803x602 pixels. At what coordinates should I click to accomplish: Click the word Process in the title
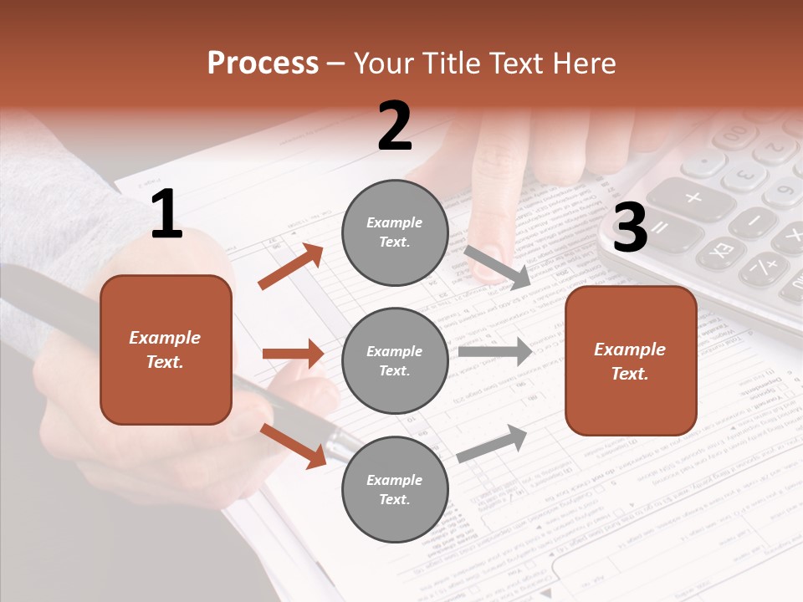(x=263, y=64)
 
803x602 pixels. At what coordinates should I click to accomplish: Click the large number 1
(x=166, y=214)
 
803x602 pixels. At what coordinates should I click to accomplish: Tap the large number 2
(x=395, y=126)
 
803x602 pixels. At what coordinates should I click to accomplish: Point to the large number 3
(x=630, y=228)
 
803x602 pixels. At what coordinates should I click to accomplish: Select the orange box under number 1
(x=166, y=349)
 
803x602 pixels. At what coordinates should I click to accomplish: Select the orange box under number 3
(x=631, y=361)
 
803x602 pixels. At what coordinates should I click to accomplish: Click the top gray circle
(x=395, y=232)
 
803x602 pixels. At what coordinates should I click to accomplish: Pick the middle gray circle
(x=395, y=361)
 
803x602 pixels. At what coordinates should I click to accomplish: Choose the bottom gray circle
(x=395, y=490)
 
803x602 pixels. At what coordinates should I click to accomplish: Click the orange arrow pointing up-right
(x=291, y=266)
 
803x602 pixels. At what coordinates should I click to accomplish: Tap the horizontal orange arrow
(x=293, y=354)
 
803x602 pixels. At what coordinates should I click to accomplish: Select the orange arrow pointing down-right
(x=293, y=445)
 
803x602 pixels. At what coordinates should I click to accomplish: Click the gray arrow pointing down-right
(x=498, y=268)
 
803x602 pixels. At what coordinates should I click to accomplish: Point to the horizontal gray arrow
(x=494, y=352)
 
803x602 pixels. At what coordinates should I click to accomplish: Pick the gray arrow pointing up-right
(x=492, y=443)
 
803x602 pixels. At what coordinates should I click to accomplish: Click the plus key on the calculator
(x=693, y=198)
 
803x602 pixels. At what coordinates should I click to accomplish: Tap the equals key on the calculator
(x=660, y=227)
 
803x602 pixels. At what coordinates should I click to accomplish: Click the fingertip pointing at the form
(x=484, y=264)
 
